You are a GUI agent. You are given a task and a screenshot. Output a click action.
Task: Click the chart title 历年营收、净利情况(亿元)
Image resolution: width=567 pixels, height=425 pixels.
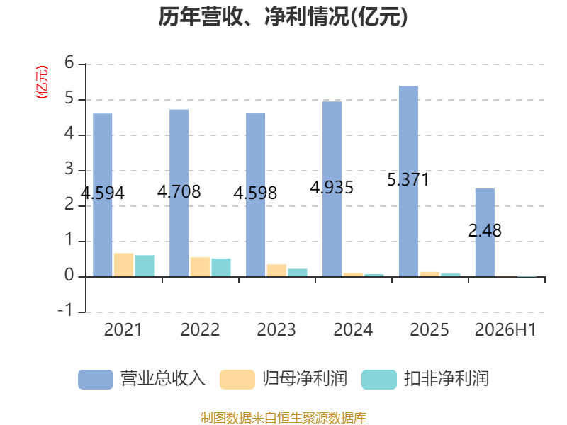click(283, 16)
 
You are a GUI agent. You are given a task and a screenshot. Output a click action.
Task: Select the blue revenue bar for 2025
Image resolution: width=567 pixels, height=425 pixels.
click(409, 181)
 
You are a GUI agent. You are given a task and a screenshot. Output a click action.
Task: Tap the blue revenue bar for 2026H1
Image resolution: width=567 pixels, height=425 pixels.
click(485, 233)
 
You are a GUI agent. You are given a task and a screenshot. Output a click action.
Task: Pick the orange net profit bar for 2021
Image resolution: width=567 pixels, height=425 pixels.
click(123, 265)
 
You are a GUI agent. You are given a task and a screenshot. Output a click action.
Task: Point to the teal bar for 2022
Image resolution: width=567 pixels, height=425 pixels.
click(221, 268)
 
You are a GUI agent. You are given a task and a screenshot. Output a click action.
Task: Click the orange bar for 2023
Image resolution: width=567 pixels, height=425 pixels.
click(276, 271)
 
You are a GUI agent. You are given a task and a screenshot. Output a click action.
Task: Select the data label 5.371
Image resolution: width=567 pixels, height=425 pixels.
click(408, 180)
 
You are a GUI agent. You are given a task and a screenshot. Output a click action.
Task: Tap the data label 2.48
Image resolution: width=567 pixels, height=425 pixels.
click(485, 231)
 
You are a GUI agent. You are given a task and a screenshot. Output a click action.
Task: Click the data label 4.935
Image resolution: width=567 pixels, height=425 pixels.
click(332, 187)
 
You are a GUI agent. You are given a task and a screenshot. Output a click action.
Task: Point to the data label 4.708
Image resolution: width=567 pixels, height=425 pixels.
click(179, 191)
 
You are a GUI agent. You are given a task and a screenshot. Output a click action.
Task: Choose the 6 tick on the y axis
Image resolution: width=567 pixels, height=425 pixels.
click(69, 62)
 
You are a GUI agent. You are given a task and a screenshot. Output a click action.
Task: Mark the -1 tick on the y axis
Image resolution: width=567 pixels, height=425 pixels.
click(65, 311)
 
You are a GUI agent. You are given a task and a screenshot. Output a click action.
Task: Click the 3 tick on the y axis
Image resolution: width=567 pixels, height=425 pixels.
click(69, 169)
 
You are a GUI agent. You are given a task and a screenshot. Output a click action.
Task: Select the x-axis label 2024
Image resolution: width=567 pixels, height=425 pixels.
click(353, 330)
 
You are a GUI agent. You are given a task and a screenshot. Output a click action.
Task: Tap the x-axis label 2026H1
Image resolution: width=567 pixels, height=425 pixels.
click(505, 330)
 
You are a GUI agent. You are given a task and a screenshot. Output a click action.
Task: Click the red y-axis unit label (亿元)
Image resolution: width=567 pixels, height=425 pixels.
click(42, 82)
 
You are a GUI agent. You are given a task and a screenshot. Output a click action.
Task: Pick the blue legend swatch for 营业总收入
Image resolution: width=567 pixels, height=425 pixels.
click(96, 380)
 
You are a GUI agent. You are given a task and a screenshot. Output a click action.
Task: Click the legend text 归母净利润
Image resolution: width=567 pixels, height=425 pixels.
click(305, 379)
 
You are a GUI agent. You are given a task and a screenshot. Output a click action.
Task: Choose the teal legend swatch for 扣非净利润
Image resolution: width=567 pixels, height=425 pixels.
click(379, 380)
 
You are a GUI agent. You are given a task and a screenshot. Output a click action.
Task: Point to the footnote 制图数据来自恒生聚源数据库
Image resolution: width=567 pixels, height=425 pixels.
click(283, 418)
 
